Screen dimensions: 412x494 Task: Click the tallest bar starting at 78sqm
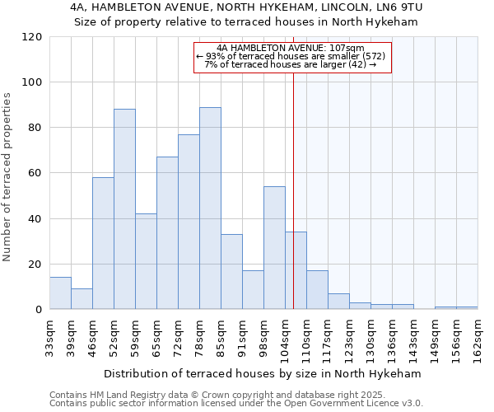210,208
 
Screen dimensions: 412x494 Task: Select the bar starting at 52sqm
124,208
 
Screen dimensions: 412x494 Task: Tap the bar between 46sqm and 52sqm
103,243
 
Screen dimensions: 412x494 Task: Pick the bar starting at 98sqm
274,247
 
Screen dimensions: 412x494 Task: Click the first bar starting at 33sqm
60,293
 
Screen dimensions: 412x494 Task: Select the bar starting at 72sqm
189,222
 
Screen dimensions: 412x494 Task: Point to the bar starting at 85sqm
231,271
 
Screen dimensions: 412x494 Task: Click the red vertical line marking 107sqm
293,190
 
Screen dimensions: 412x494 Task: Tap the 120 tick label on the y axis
32,37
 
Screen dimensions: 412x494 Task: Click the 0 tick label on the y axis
39,310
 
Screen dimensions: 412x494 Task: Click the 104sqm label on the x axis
285,338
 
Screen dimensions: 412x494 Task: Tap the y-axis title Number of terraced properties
7,177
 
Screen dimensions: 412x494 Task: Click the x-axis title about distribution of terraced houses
263,373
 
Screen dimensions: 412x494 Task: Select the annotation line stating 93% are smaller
291,56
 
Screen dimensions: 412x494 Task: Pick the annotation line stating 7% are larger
291,64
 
